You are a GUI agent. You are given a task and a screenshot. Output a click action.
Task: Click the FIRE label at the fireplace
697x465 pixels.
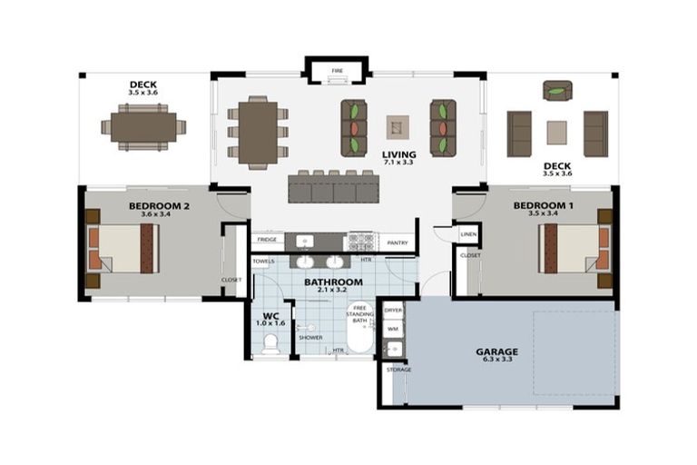tap(337, 70)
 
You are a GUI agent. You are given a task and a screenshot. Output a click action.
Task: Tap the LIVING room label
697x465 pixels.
tap(399, 154)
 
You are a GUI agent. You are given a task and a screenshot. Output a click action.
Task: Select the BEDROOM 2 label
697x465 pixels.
tap(159, 206)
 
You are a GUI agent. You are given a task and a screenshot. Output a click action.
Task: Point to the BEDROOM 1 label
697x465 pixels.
tap(544, 206)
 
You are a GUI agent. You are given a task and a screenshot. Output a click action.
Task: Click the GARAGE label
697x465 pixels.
tap(497, 351)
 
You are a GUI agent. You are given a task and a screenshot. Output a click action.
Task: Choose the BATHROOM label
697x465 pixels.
tap(334, 282)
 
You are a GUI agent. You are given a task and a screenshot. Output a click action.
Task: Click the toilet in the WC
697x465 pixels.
tap(270, 343)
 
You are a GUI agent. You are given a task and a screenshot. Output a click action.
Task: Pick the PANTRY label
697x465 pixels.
tap(397, 242)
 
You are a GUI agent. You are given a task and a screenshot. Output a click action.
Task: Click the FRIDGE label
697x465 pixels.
tap(267, 241)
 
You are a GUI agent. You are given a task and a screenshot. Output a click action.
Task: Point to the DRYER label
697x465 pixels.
tap(393, 311)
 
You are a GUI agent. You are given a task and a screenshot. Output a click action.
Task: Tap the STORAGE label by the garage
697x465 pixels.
tap(398, 370)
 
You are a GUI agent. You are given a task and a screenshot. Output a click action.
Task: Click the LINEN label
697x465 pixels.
tap(468, 234)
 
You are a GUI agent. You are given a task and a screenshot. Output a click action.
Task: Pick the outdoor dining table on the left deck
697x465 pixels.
tap(143, 127)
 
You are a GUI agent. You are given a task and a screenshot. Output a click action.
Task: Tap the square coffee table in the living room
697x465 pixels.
tap(398, 126)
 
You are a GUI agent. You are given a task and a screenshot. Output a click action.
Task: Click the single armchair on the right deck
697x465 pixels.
tap(557, 90)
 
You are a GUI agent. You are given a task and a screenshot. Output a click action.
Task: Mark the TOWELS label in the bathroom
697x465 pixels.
tap(264, 262)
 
